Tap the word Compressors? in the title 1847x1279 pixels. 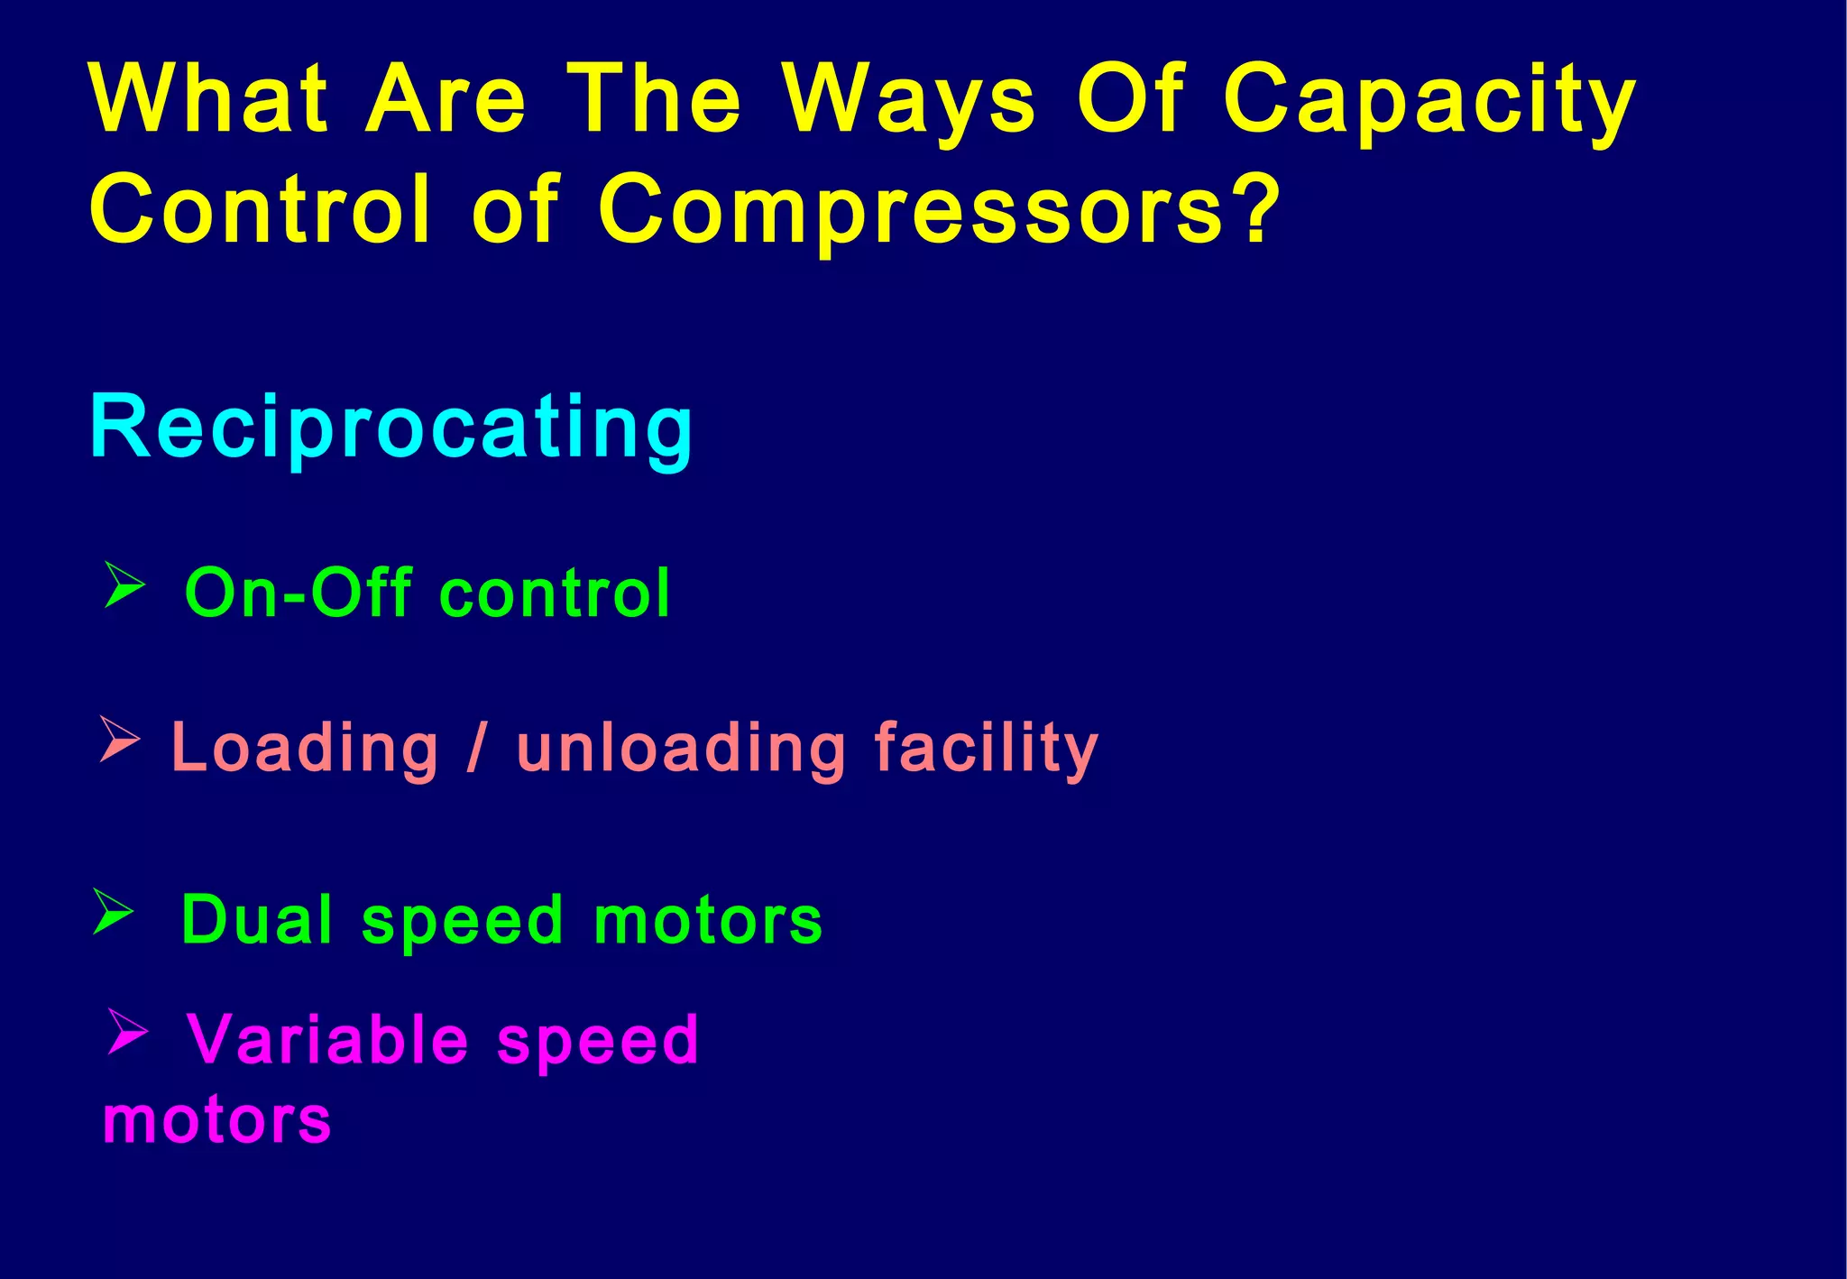pos(938,209)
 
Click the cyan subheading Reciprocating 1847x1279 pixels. pos(391,428)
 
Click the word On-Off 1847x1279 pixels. pos(299,593)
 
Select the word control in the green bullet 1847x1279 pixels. pos(555,593)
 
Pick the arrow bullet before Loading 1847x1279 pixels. pos(119,740)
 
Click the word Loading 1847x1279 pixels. pos(305,749)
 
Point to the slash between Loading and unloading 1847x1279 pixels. pos(476,749)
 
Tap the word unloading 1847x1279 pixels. pos(682,749)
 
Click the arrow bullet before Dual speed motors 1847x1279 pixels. pos(114,911)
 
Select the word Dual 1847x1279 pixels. pos(257,920)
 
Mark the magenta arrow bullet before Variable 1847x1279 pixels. pos(126,1032)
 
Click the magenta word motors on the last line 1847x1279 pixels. pos(216,1121)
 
